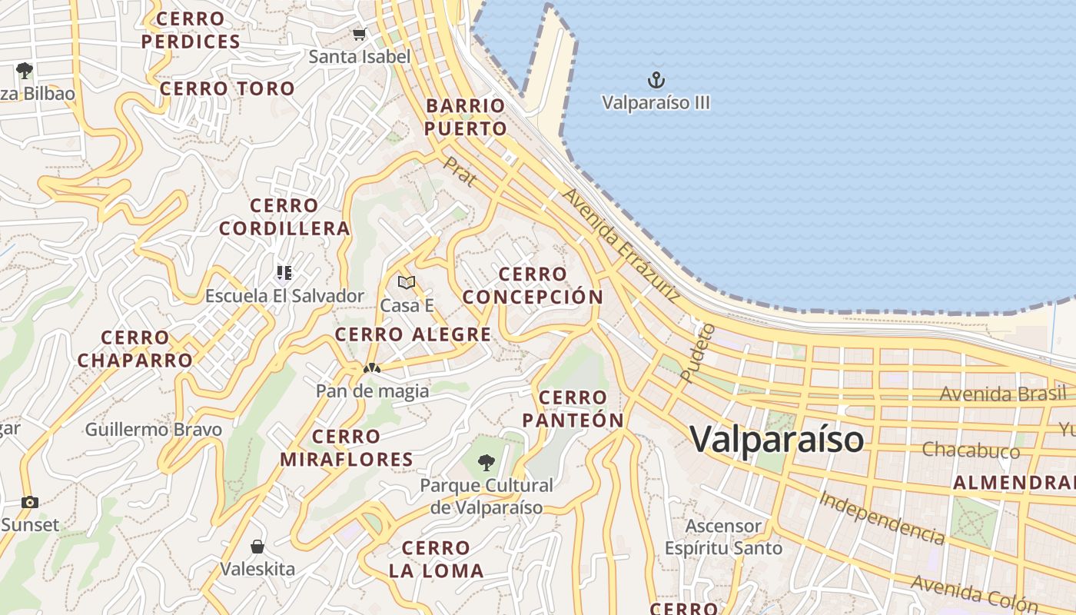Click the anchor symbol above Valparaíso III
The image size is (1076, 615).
point(656,79)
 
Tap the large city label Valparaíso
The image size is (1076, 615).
point(776,439)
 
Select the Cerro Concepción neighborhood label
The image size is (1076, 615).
point(533,285)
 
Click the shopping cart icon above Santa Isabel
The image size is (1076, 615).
point(359,34)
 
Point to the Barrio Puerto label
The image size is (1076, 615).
point(466,117)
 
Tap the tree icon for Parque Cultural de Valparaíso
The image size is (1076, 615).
point(486,462)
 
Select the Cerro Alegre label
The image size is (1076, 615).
point(413,334)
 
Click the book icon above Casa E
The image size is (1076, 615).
point(407,282)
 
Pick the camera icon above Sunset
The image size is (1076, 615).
point(29,502)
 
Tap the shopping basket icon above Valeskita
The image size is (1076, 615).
point(257,547)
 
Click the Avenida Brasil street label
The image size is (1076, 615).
point(1004,394)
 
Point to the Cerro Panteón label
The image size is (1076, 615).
point(573,409)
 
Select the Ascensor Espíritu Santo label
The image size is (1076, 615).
point(723,537)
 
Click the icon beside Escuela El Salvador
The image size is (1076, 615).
point(284,273)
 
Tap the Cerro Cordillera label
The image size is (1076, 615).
point(284,217)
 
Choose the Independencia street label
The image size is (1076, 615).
point(881,517)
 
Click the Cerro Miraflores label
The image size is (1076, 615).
point(346,448)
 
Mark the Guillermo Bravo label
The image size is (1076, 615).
point(153,430)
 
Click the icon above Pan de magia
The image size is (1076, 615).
point(372,368)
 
